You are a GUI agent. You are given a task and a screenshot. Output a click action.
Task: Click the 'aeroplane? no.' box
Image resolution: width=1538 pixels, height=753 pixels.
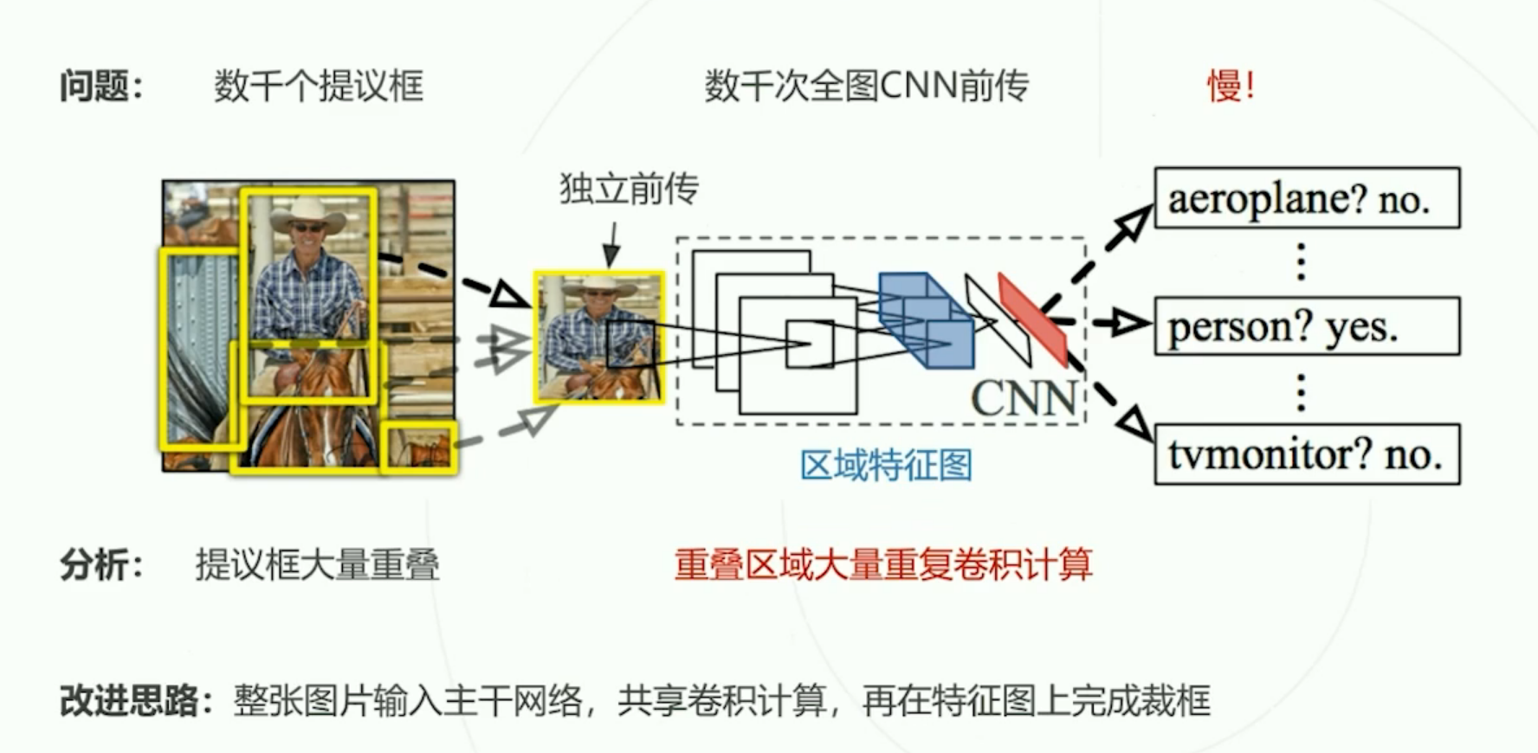1307,199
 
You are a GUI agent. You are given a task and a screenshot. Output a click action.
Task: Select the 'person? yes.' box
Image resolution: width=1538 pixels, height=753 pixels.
1307,327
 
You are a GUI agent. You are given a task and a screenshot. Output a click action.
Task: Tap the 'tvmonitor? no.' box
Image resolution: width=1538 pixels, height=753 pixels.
1307,454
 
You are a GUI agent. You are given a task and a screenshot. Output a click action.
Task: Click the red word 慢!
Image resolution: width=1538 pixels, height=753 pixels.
1231,86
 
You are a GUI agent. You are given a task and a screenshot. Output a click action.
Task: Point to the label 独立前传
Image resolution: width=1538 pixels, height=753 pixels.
629,188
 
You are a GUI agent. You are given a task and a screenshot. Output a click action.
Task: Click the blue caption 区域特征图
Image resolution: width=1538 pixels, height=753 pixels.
886,466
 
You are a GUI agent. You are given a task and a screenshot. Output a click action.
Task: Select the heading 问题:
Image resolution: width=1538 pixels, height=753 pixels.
100,86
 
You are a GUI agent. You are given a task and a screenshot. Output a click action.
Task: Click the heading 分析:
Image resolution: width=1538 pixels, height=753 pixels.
100,564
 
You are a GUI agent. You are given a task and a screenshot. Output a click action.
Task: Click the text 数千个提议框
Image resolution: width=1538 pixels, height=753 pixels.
319,86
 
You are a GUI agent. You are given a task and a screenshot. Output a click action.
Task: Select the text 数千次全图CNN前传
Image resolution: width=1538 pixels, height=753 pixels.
867,86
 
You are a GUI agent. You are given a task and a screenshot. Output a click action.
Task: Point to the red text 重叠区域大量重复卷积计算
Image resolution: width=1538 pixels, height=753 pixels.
883,564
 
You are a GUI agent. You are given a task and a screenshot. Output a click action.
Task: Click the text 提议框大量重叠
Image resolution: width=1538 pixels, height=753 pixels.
317,564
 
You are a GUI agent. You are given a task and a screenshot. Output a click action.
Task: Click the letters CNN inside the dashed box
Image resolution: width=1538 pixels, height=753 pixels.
1024,398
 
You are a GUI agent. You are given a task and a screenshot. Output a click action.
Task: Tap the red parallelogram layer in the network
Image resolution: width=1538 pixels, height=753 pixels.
1032,319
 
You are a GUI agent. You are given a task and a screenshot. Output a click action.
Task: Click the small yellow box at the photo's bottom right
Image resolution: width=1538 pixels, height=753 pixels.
419,447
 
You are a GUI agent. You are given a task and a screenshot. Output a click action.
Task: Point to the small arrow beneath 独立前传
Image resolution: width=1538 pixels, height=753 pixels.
612,244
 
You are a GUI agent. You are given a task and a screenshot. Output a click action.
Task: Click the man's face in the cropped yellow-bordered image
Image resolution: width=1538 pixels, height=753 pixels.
597,300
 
